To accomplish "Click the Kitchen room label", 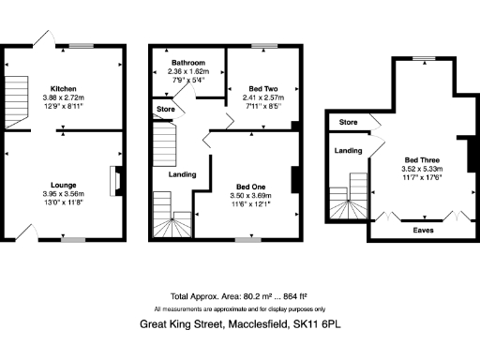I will pos(63,86).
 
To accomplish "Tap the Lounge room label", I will pos(63,185).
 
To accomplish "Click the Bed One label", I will pos(249,185).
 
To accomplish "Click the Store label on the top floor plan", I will pos(349,123).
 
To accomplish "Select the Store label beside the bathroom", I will pos(164,110).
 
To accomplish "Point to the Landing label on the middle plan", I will pos(181,175).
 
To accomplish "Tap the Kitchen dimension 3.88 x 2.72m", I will pos(63,97).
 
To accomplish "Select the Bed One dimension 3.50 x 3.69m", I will pos(249,195).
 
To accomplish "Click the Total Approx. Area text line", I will pos(239,294).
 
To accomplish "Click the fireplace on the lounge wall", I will pos(114,180).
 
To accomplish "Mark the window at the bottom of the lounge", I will pos(73,240).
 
